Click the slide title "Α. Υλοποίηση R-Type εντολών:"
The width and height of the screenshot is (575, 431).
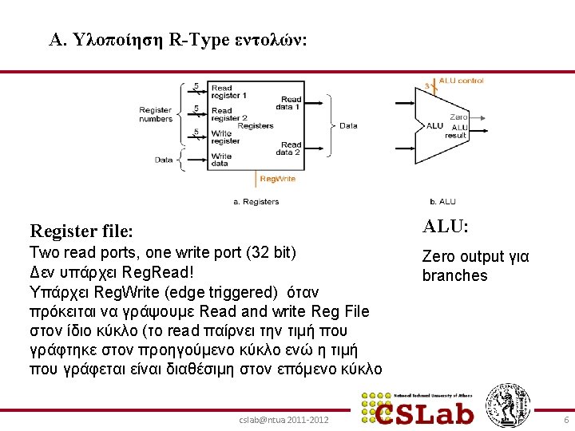[x=177, y=40]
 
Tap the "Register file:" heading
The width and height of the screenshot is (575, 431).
[x=81, y=231]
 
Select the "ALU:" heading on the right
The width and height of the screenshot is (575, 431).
[x=446, y=227]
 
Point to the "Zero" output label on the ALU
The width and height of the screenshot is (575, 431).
[x=458, y=117]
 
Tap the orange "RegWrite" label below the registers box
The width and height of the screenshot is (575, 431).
[x=277, y=179]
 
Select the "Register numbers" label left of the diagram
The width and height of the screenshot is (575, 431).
[x=156, y=114]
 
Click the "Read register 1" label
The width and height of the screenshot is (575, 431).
[x=228, y=92]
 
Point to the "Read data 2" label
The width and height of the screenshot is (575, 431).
[x=288, y=148]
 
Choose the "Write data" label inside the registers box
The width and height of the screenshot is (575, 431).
[x=221, y=160]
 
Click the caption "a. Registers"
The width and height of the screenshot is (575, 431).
[x=256, y=202]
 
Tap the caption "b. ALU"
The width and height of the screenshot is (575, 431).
[x=442, y=202]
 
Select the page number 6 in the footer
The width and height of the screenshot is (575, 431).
[x=566, y=420]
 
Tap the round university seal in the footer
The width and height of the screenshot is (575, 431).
[x=509, y=405]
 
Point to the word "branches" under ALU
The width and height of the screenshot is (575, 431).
[x=454, y=275]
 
